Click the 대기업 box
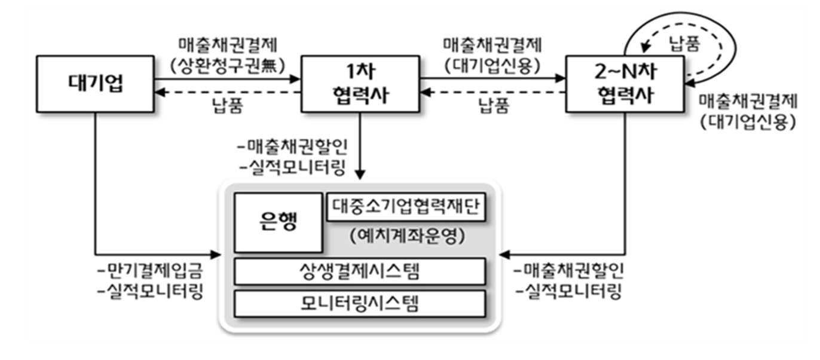tap(95, 84)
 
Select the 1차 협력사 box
tap(360, 84)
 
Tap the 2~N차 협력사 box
tap(625, 84)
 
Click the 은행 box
tap(279, 222)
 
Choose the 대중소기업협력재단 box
tap(406, 207)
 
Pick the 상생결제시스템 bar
tap(360, 271)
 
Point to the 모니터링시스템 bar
tap(360, 304)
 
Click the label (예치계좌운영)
tap(407, 236)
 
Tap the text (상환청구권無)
tap(228, 66)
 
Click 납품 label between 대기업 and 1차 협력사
tap(228, 105)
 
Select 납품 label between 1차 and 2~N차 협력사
tap(494, 105)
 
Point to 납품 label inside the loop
tap(684, 44)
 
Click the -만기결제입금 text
tap(150, 271)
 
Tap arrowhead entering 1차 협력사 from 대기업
tap(295, 79)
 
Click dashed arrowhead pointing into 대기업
tap(160, 92)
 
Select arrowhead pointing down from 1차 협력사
tap(360, 175)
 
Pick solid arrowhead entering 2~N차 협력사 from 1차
tap(560, 78)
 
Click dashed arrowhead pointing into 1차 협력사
tap(426, 92)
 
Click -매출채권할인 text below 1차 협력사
tap(292, 147)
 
